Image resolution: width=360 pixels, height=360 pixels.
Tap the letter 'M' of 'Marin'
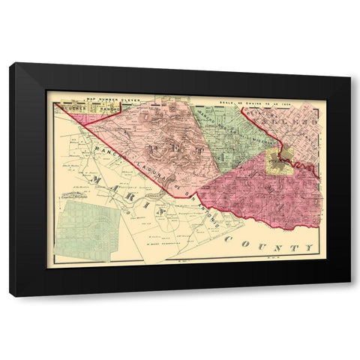click(x=91, y=181)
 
